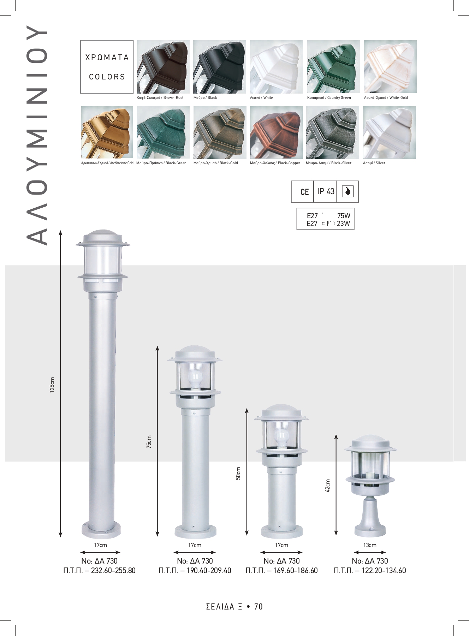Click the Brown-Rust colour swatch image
pyautogui.click(x=163, y=67)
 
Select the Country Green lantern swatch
pyautogui.click(x=333, y=67)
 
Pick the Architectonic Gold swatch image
pyautogui.click(x=107, y=132)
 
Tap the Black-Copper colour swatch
pyautogui.click(x=277, y=132)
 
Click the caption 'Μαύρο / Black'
pyautogui.click(x=205, y=98)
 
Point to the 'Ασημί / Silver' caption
pyautogui.click(x=374, y=163)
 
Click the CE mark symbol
pyautogui.click(x=304, y=192)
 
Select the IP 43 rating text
pyautogui.click(x=326, y=191)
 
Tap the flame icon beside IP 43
pyautogui.click(x=348, y=191)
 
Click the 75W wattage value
pyautogui.click(x=344, y=216)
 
